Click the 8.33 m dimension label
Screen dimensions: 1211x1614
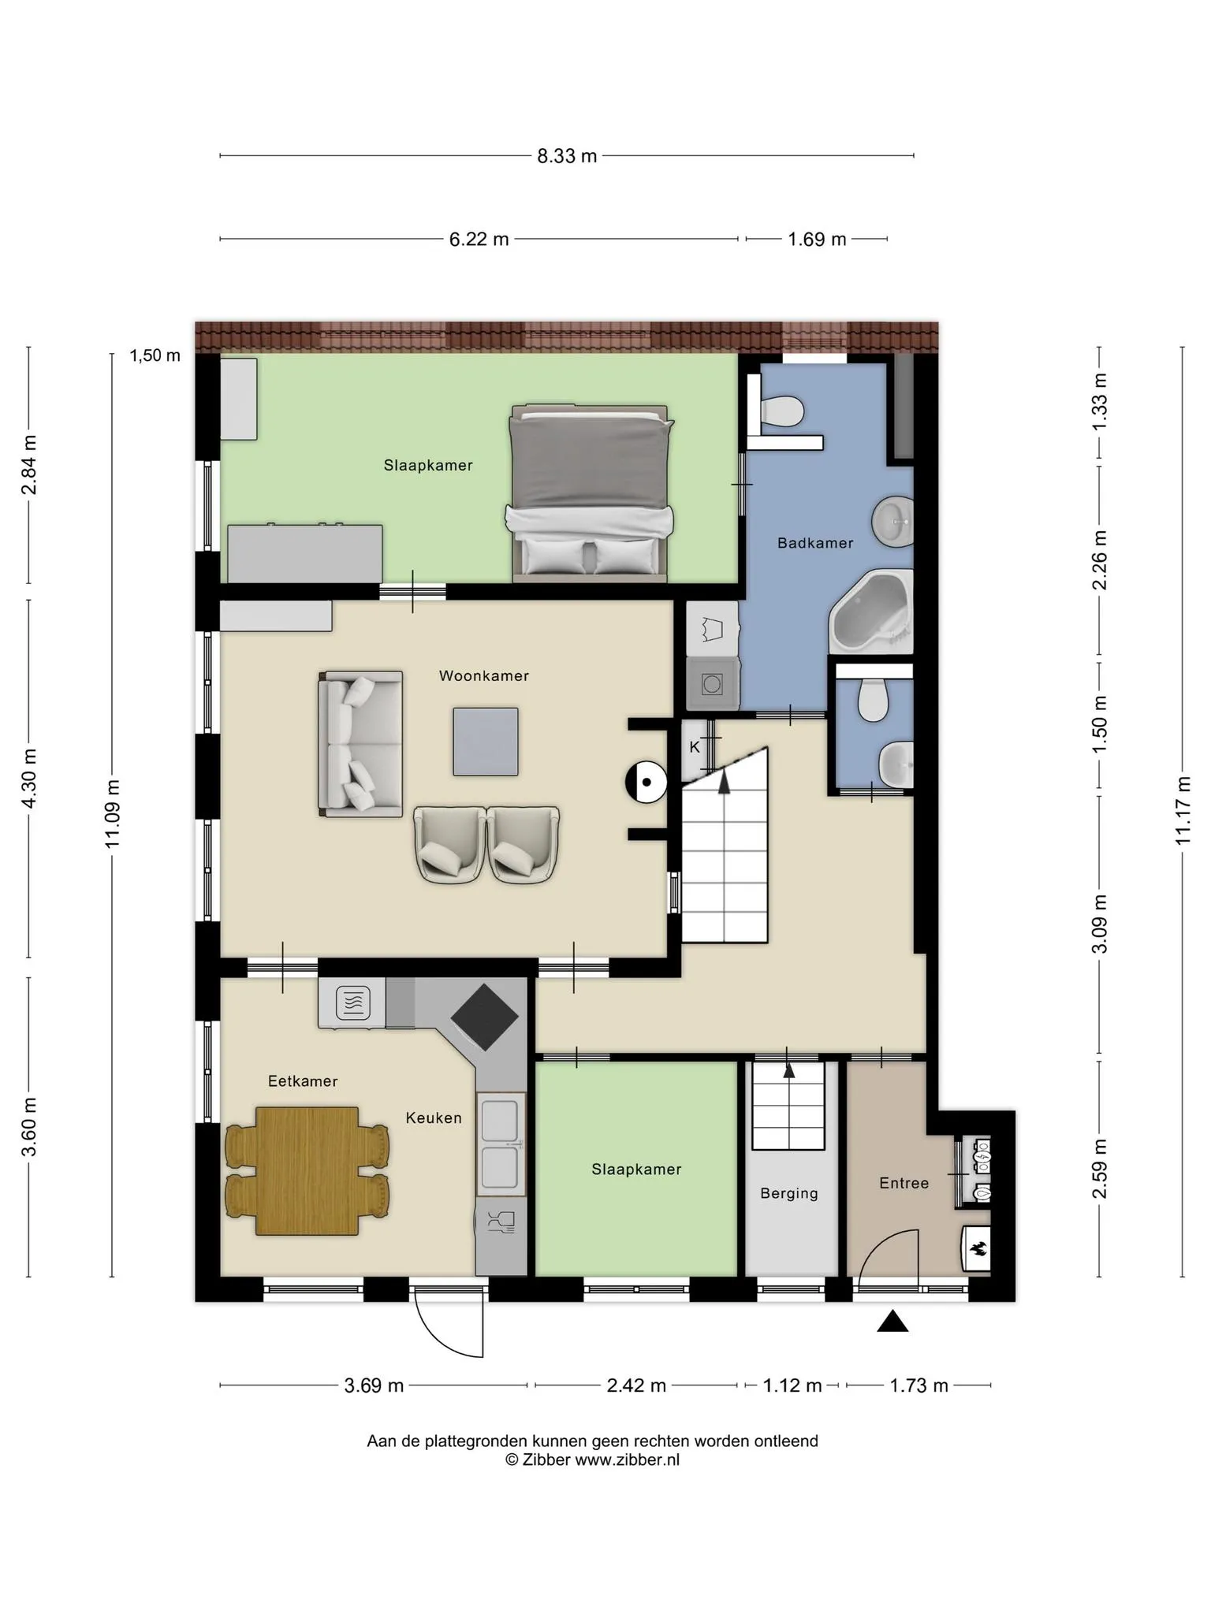click(x=567, y=156)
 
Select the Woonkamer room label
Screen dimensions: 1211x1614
click(x=484, y=675)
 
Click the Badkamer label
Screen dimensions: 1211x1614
click(x=815, y=542)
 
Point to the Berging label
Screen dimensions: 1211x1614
click(x=789, y=1193)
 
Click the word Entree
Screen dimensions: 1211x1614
click(x=904, y=1183)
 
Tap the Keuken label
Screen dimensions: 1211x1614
click(x=434, y=1118)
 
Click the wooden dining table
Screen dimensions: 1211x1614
click(x=307, y=1170)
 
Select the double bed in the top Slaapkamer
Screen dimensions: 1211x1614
click(x=590, y=494)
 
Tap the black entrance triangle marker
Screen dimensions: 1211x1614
click(x=892, y=1321)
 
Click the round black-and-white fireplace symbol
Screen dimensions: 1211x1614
click(x=646, y=783)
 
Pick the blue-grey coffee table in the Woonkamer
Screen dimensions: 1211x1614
click(x=486, y=742)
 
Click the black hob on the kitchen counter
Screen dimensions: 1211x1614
click(x=484, y=1017)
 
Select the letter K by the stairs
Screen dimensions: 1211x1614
click(x=695, y=746)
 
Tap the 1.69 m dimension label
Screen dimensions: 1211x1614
click(x=817, y=239)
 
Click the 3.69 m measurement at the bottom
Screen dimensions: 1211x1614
click(x=374, y=1385)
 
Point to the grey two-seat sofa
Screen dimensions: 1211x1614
click(x=360, y=744)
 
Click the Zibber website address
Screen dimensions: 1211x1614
click(x=627, y=1460)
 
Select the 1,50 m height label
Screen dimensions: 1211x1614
click(x=155, y=355)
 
